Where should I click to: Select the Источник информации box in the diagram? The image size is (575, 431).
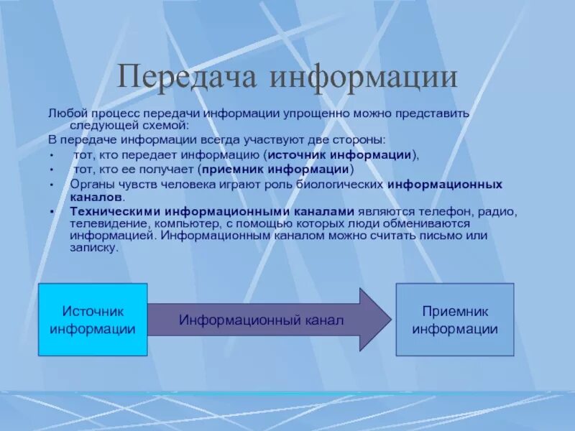(93, 320)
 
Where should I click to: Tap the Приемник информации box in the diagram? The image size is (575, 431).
(455, 320)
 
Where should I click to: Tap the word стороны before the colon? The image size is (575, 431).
(360, 139)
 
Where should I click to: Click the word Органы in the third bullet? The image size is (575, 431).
(90, 185)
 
